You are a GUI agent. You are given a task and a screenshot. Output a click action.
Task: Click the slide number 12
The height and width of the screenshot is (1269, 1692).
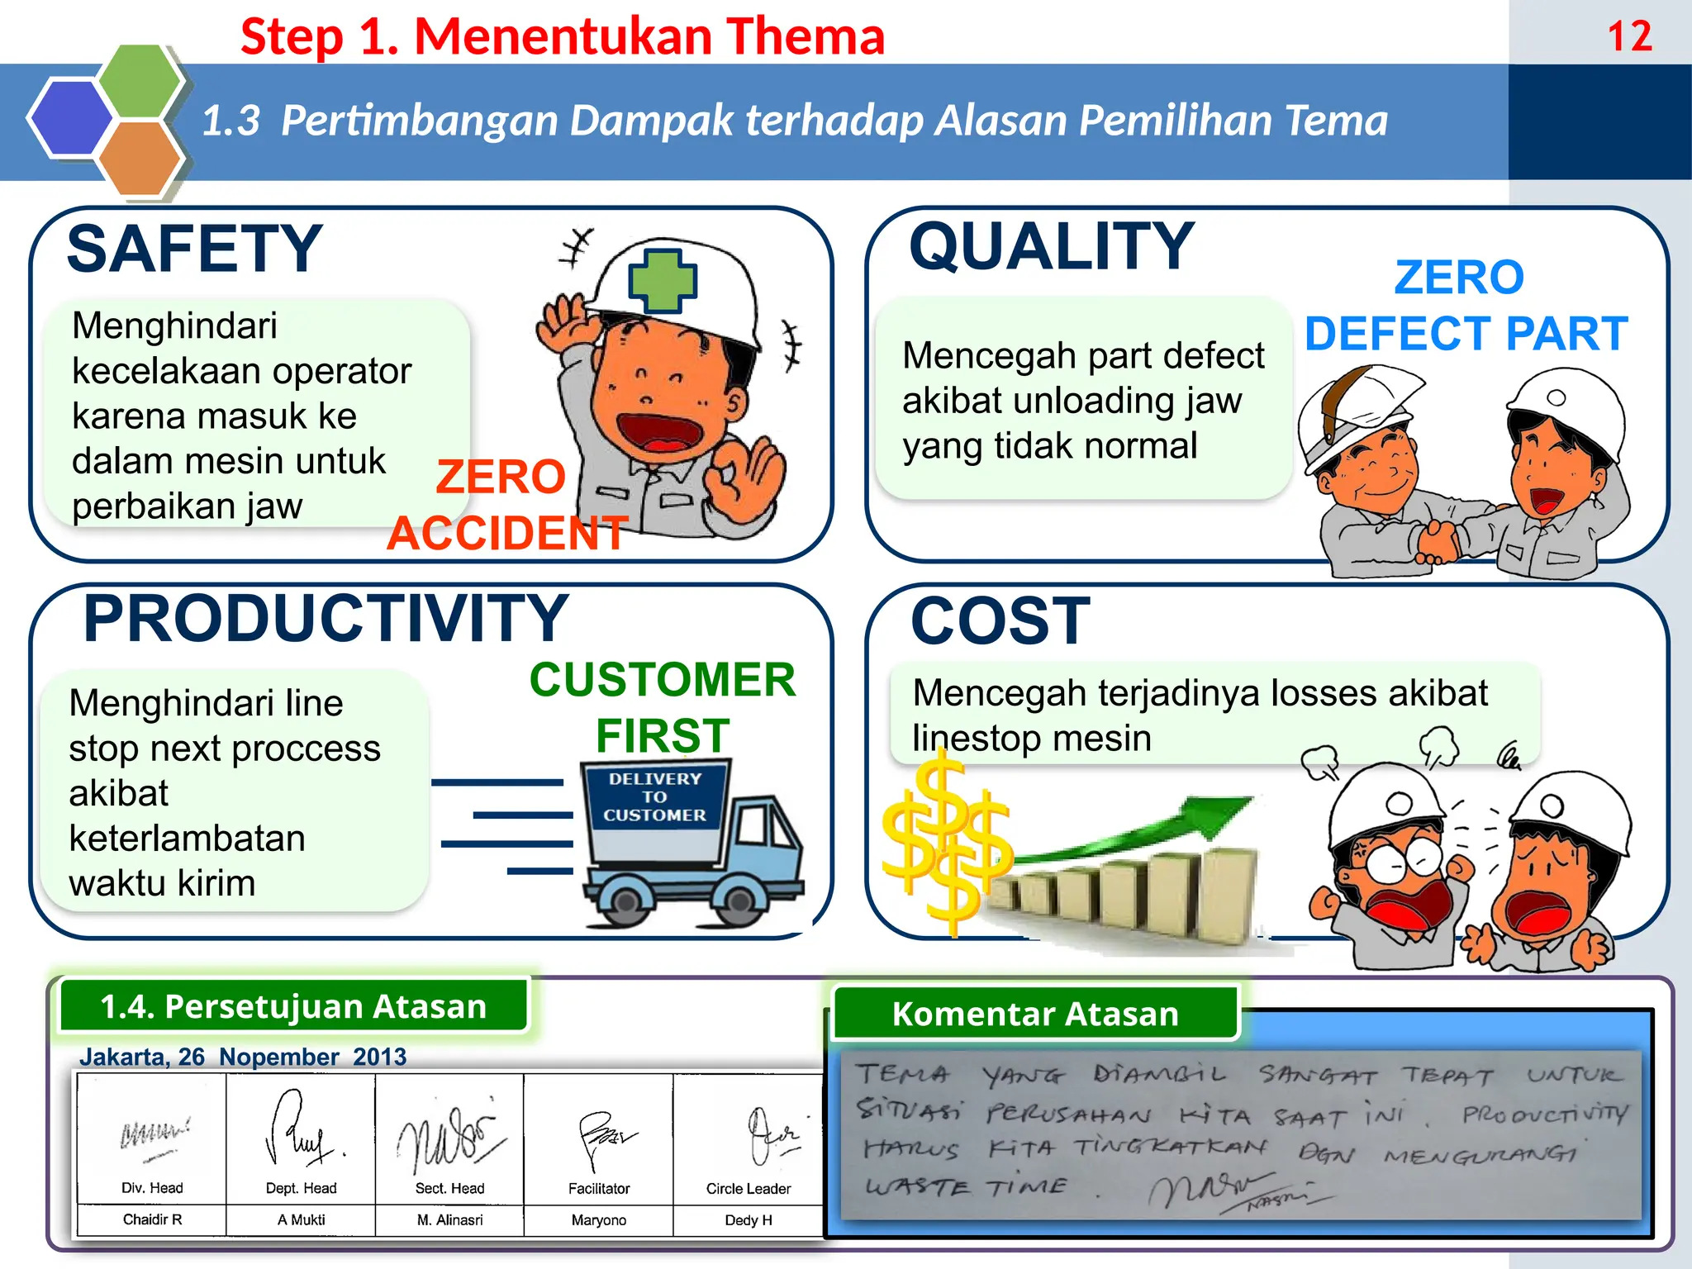[1629, 37]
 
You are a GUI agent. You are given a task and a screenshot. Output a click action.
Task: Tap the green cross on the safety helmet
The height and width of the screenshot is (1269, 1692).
[663, 280]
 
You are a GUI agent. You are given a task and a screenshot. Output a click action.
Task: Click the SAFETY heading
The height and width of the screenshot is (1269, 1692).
[194, 249]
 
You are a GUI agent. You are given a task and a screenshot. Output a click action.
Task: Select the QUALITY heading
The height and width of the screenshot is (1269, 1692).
[1052, 246]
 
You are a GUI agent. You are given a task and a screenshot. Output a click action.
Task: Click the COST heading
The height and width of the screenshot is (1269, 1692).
[1000, 620]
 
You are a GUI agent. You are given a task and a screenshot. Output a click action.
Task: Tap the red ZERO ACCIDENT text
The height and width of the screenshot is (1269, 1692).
[505, 505]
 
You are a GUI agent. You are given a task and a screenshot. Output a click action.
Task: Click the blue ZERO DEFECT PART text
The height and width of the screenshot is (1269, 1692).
[1465, 306]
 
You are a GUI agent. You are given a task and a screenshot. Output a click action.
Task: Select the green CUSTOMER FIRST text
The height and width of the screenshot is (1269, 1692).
[663, 707]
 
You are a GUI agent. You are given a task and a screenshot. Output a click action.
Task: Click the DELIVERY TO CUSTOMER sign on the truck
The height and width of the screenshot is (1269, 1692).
[654, 797]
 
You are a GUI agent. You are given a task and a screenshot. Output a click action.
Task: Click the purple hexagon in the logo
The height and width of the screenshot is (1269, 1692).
[71, 117]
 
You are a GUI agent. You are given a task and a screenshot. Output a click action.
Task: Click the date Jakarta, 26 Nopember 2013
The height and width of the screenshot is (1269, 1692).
[243, 1057]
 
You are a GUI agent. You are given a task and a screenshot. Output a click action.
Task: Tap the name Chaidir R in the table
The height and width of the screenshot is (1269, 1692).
[152, 1219]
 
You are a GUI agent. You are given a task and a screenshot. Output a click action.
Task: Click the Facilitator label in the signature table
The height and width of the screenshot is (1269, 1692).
[599, 1189]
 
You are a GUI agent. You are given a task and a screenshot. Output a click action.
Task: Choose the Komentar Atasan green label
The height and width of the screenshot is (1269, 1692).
[1035, 1014]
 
